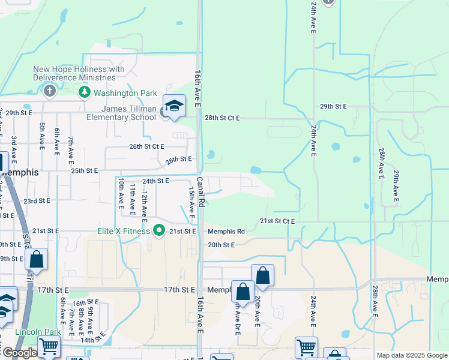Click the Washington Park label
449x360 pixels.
click(x=125, y=93)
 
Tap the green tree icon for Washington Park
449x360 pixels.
click(x=85, y=92)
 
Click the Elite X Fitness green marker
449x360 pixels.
click(x=159, y=230)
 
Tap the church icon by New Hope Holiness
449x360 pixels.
click(x=49, y=91)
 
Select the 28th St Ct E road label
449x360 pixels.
click(x=222, y=118)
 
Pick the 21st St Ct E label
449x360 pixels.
click(x=277, y=221)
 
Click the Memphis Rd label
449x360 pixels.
click(x=226, y=232)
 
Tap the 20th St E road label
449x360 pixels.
click(x=221, y=245)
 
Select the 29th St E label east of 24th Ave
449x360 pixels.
click(x=333, y=106)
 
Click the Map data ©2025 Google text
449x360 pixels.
click(x=412, y=355)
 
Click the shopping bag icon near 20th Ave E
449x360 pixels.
click(x=262, y=275)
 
